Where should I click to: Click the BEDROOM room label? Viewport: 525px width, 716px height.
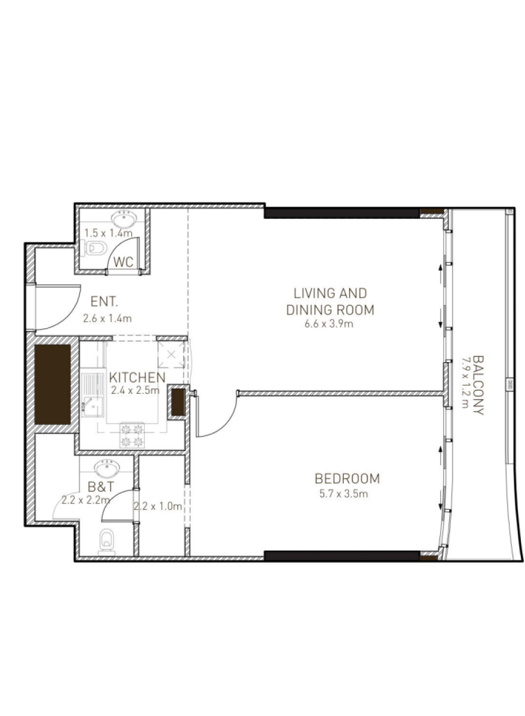(x=347, y=479)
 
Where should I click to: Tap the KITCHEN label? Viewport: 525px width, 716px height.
(x=137, y=378)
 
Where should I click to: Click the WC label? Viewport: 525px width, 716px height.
(x=123, y=262)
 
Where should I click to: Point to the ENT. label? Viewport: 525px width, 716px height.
(x=104, y=301)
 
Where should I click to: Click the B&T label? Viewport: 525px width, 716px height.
(x=101, y=487)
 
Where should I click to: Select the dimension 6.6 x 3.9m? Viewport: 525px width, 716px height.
(x=329, y=324)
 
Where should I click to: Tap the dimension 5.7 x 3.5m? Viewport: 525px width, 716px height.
(x=344, y=494)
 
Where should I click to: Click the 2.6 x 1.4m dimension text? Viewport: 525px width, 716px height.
(x=107, y=319)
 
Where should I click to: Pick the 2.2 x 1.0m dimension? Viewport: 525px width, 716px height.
(x=158, y=506)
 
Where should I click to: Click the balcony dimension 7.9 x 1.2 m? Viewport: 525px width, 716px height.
(x=465, y=382)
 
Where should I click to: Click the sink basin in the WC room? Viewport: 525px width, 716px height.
(x=124, y=219)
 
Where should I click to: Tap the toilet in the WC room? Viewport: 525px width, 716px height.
(x=93, y=248)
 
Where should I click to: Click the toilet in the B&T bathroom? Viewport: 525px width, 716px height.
(x=107, y=542)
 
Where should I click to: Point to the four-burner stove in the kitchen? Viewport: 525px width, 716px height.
(x=132, y=435)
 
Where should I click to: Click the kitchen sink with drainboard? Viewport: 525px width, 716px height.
(x=92, y=395)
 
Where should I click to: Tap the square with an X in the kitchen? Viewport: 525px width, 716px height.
(x=171, y=354)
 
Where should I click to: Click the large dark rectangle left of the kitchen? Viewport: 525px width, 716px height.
(x=52, y=384)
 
